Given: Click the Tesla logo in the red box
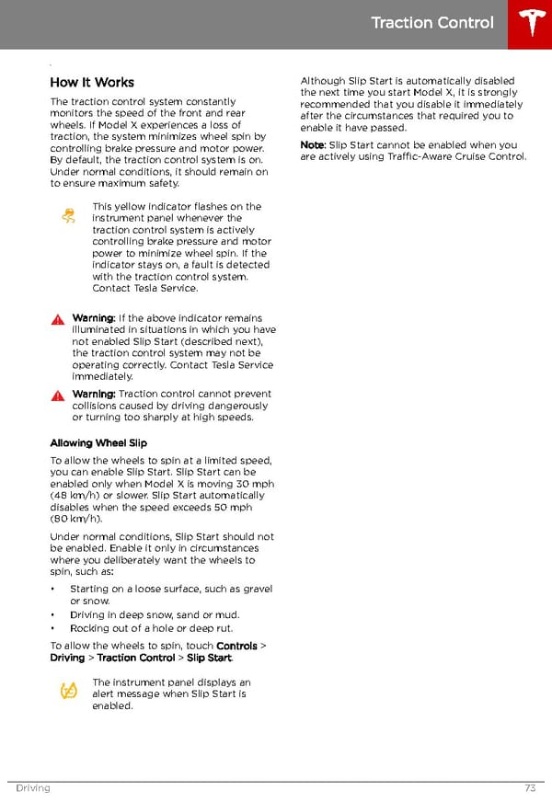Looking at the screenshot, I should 530,24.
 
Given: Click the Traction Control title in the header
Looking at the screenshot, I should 431,23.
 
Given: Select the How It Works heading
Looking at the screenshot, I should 92,82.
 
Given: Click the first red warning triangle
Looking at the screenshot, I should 57,319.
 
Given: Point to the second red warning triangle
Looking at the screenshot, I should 57,395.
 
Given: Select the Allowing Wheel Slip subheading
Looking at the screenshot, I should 98,443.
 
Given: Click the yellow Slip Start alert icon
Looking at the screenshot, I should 68,691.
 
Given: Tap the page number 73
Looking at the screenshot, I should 530,788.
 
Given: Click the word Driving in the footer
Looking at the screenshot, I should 32,788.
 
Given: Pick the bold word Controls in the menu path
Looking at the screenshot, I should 236,646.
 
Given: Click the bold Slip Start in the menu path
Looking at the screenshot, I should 208,658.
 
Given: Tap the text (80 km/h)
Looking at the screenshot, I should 77,519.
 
